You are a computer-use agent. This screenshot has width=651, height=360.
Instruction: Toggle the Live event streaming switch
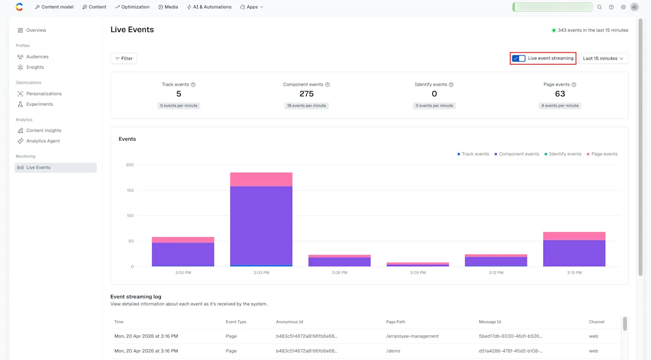(x=519, y=58)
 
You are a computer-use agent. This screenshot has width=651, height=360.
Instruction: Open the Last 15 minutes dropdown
(x=603, y=58)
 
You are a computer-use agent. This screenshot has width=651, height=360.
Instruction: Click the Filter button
(x=124, y=58)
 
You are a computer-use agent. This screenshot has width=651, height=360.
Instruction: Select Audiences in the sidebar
(x=37, y=57)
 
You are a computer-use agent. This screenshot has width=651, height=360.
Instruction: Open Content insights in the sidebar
(x=43, y=130)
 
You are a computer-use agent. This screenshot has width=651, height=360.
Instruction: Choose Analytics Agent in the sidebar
(x=43, y=141)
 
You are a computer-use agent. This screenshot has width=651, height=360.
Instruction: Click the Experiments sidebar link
(x=39, y=104)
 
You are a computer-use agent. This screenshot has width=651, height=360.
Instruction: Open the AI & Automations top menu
(x=209, y=7)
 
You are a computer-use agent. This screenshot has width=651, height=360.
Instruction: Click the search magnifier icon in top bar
(x=599, y=7)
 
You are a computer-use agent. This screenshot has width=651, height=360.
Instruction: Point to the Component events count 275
(x=306, y=94)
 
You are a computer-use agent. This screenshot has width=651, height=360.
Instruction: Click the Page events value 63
(x=560, y=94)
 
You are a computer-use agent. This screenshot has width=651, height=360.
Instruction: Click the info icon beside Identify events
(x=451, y=85)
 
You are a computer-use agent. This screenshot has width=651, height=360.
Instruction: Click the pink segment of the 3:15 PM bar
(x=574, y=236)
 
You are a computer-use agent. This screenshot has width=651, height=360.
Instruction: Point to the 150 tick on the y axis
(x=129, y=190)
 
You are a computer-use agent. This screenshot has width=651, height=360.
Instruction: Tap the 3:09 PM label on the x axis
(x=418, y=273)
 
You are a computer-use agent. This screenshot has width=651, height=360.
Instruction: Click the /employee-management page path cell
(x=412, y=336)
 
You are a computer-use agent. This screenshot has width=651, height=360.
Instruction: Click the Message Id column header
(x=490, y=322)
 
